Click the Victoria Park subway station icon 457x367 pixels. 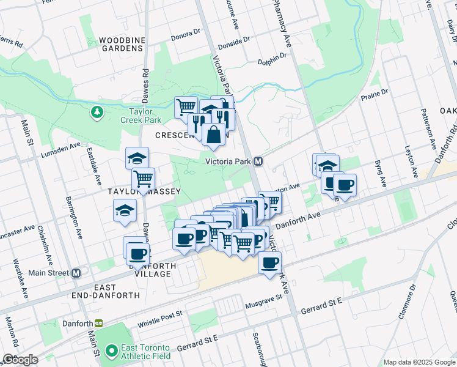pyautogui.click(x=258, y=161)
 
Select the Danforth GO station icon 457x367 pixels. pyautogui.click(x=98, y=323)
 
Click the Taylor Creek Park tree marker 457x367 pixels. pyautogui.click(x=96, y=112)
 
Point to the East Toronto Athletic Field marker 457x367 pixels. pyautogui.click(x=111, y=351)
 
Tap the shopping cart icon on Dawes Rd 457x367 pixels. pyautogui.click(x=143, y=179)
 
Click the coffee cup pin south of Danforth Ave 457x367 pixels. pyautogui.click(x=269, y=262)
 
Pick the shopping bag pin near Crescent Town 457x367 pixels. pyautogui.click(x=214, y=134)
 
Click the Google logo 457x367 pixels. pyautogui.click(x=20, y=360)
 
